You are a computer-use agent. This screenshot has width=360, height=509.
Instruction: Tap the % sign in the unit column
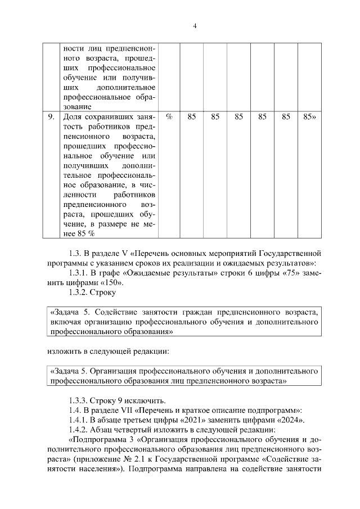(169, 117)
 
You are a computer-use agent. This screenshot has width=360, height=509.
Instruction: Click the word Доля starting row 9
(73, 117)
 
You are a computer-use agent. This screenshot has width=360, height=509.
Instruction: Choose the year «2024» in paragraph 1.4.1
(289, 420)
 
